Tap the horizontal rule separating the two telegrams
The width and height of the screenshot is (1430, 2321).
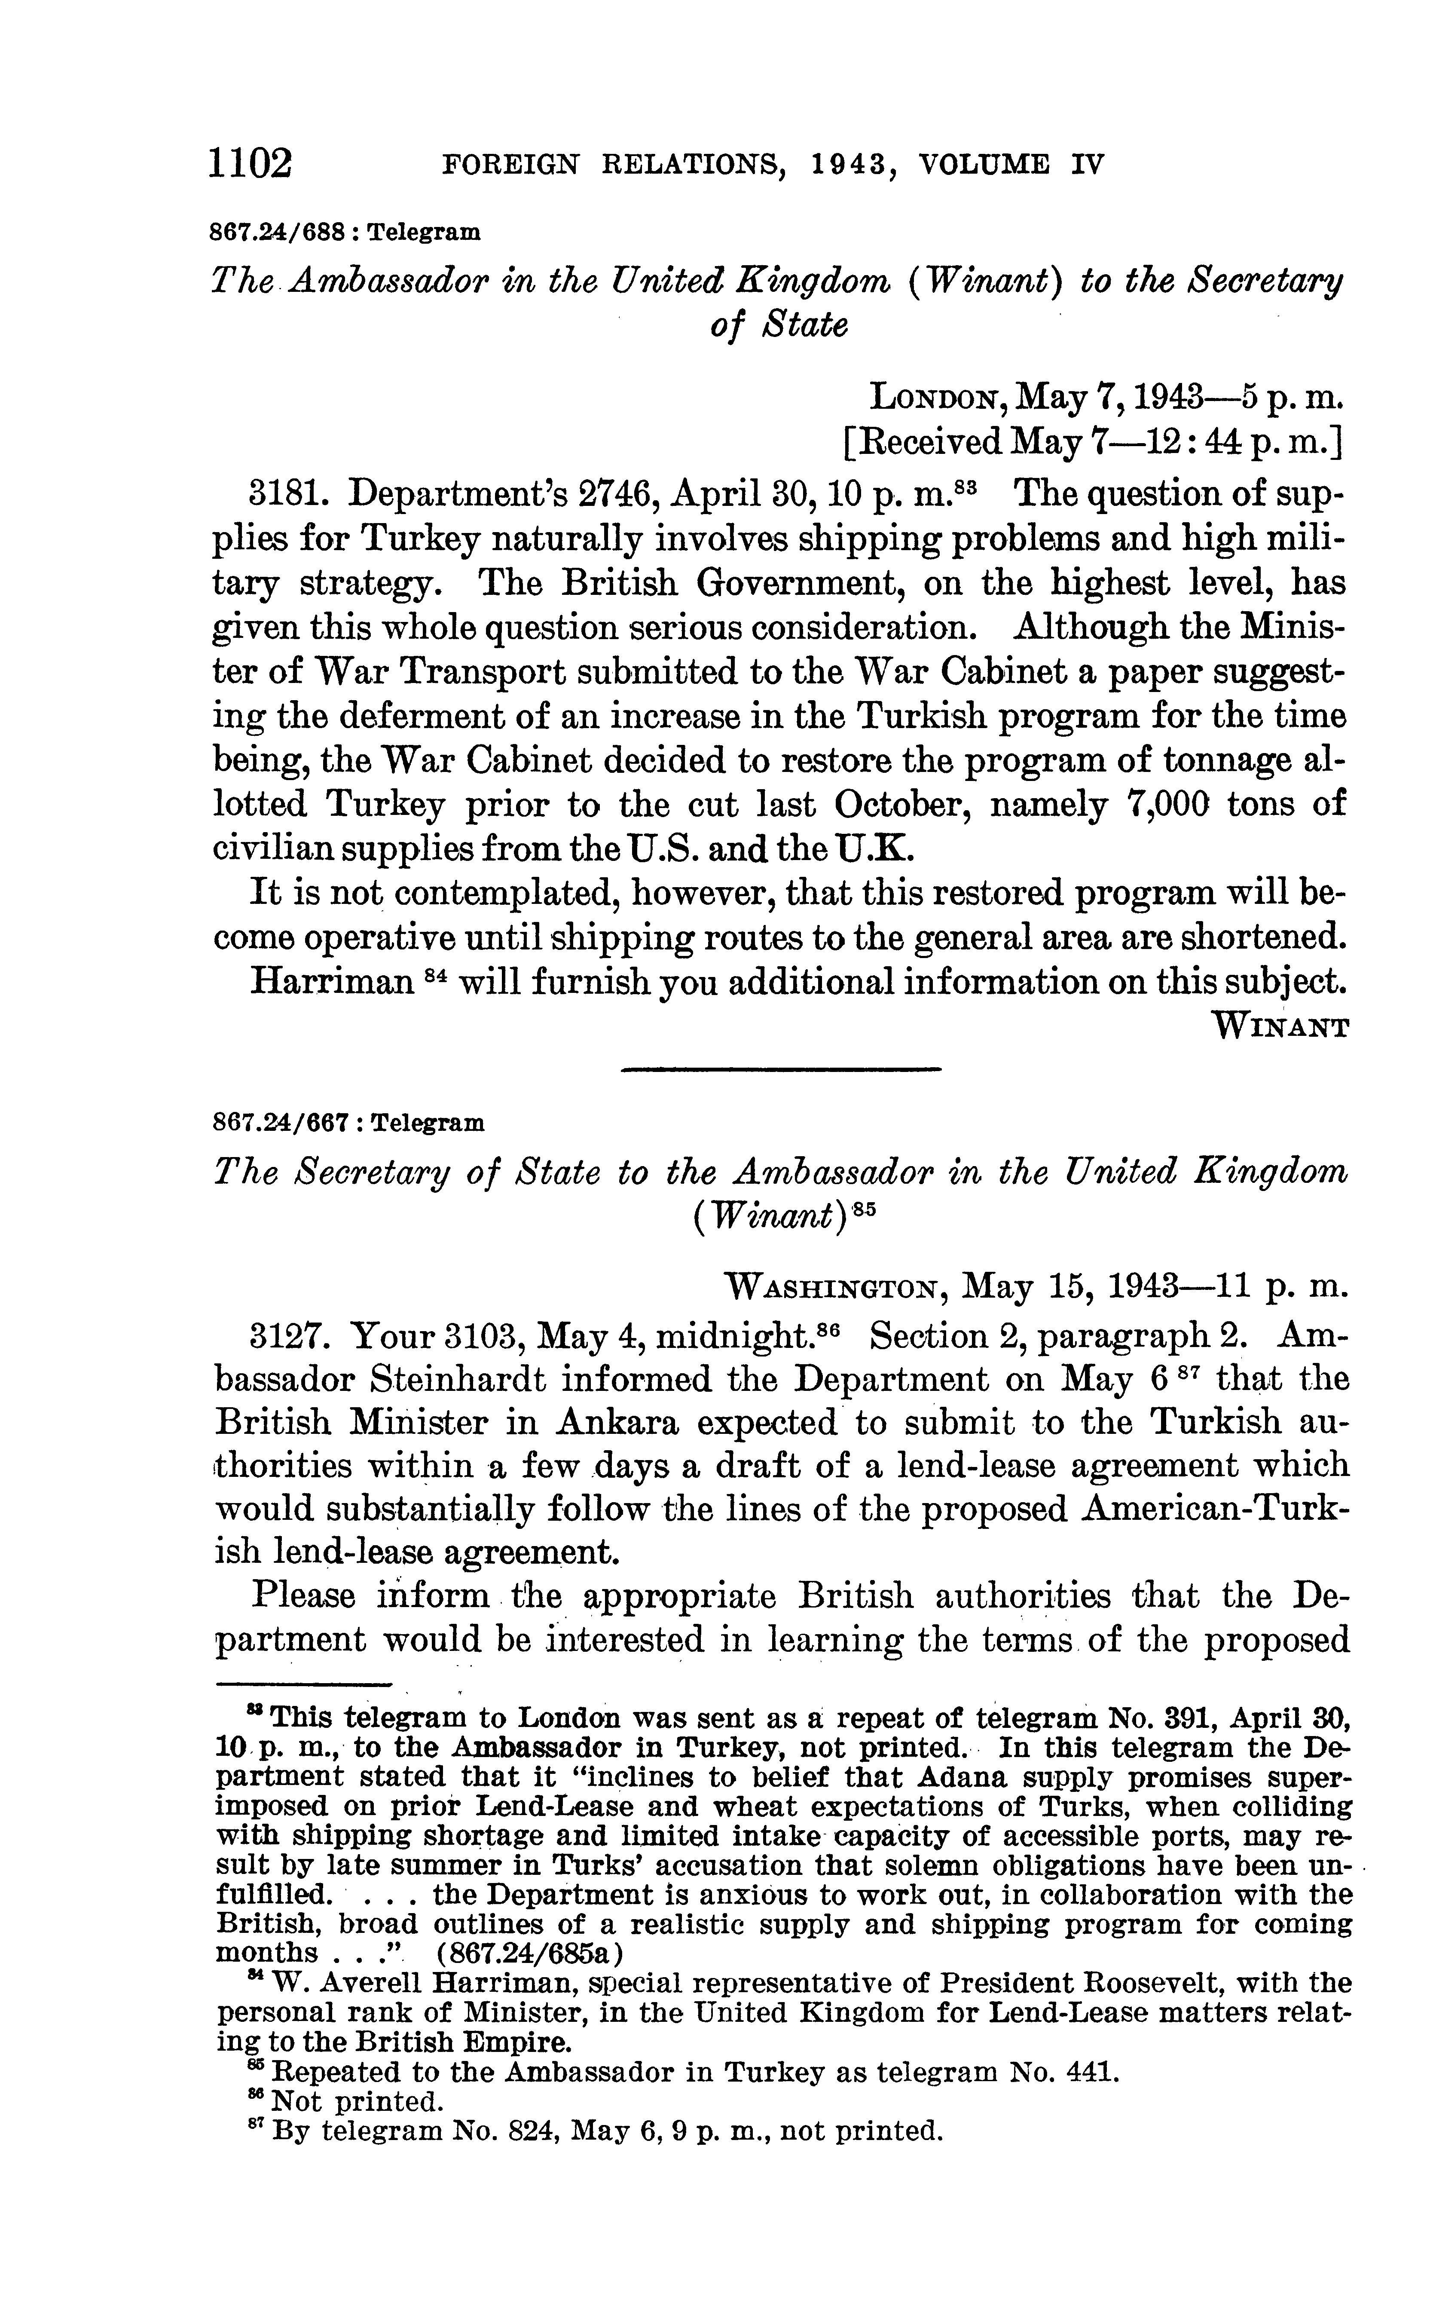(x=781, y=1070)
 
